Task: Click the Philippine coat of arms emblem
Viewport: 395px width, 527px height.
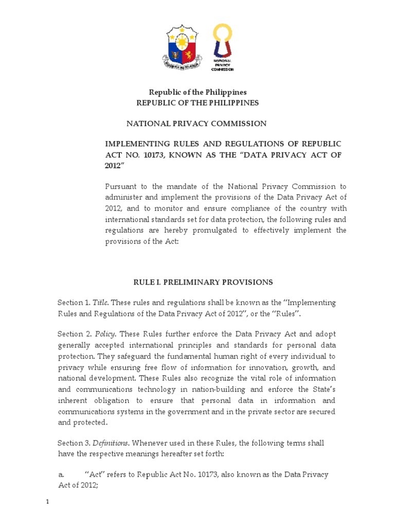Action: pos(183,49)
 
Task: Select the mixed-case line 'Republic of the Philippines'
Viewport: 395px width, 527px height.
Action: pos(197,92)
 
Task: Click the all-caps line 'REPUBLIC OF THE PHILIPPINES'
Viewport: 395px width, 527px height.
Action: pos(197,103)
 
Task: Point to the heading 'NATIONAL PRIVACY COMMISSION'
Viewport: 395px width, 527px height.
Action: pos(197,124)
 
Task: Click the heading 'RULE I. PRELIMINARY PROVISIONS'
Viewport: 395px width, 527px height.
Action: pos(203,282)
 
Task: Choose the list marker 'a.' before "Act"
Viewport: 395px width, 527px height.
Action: pos(61,475)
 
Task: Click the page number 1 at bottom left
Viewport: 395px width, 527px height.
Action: pos(47,503)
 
